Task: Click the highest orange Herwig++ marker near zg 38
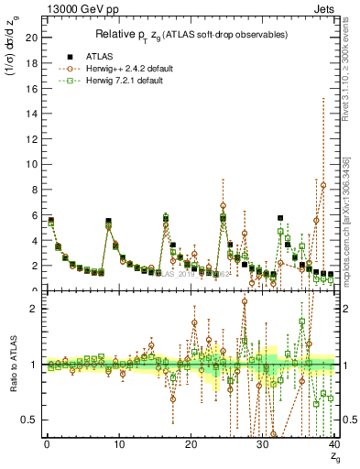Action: point(323,185)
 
